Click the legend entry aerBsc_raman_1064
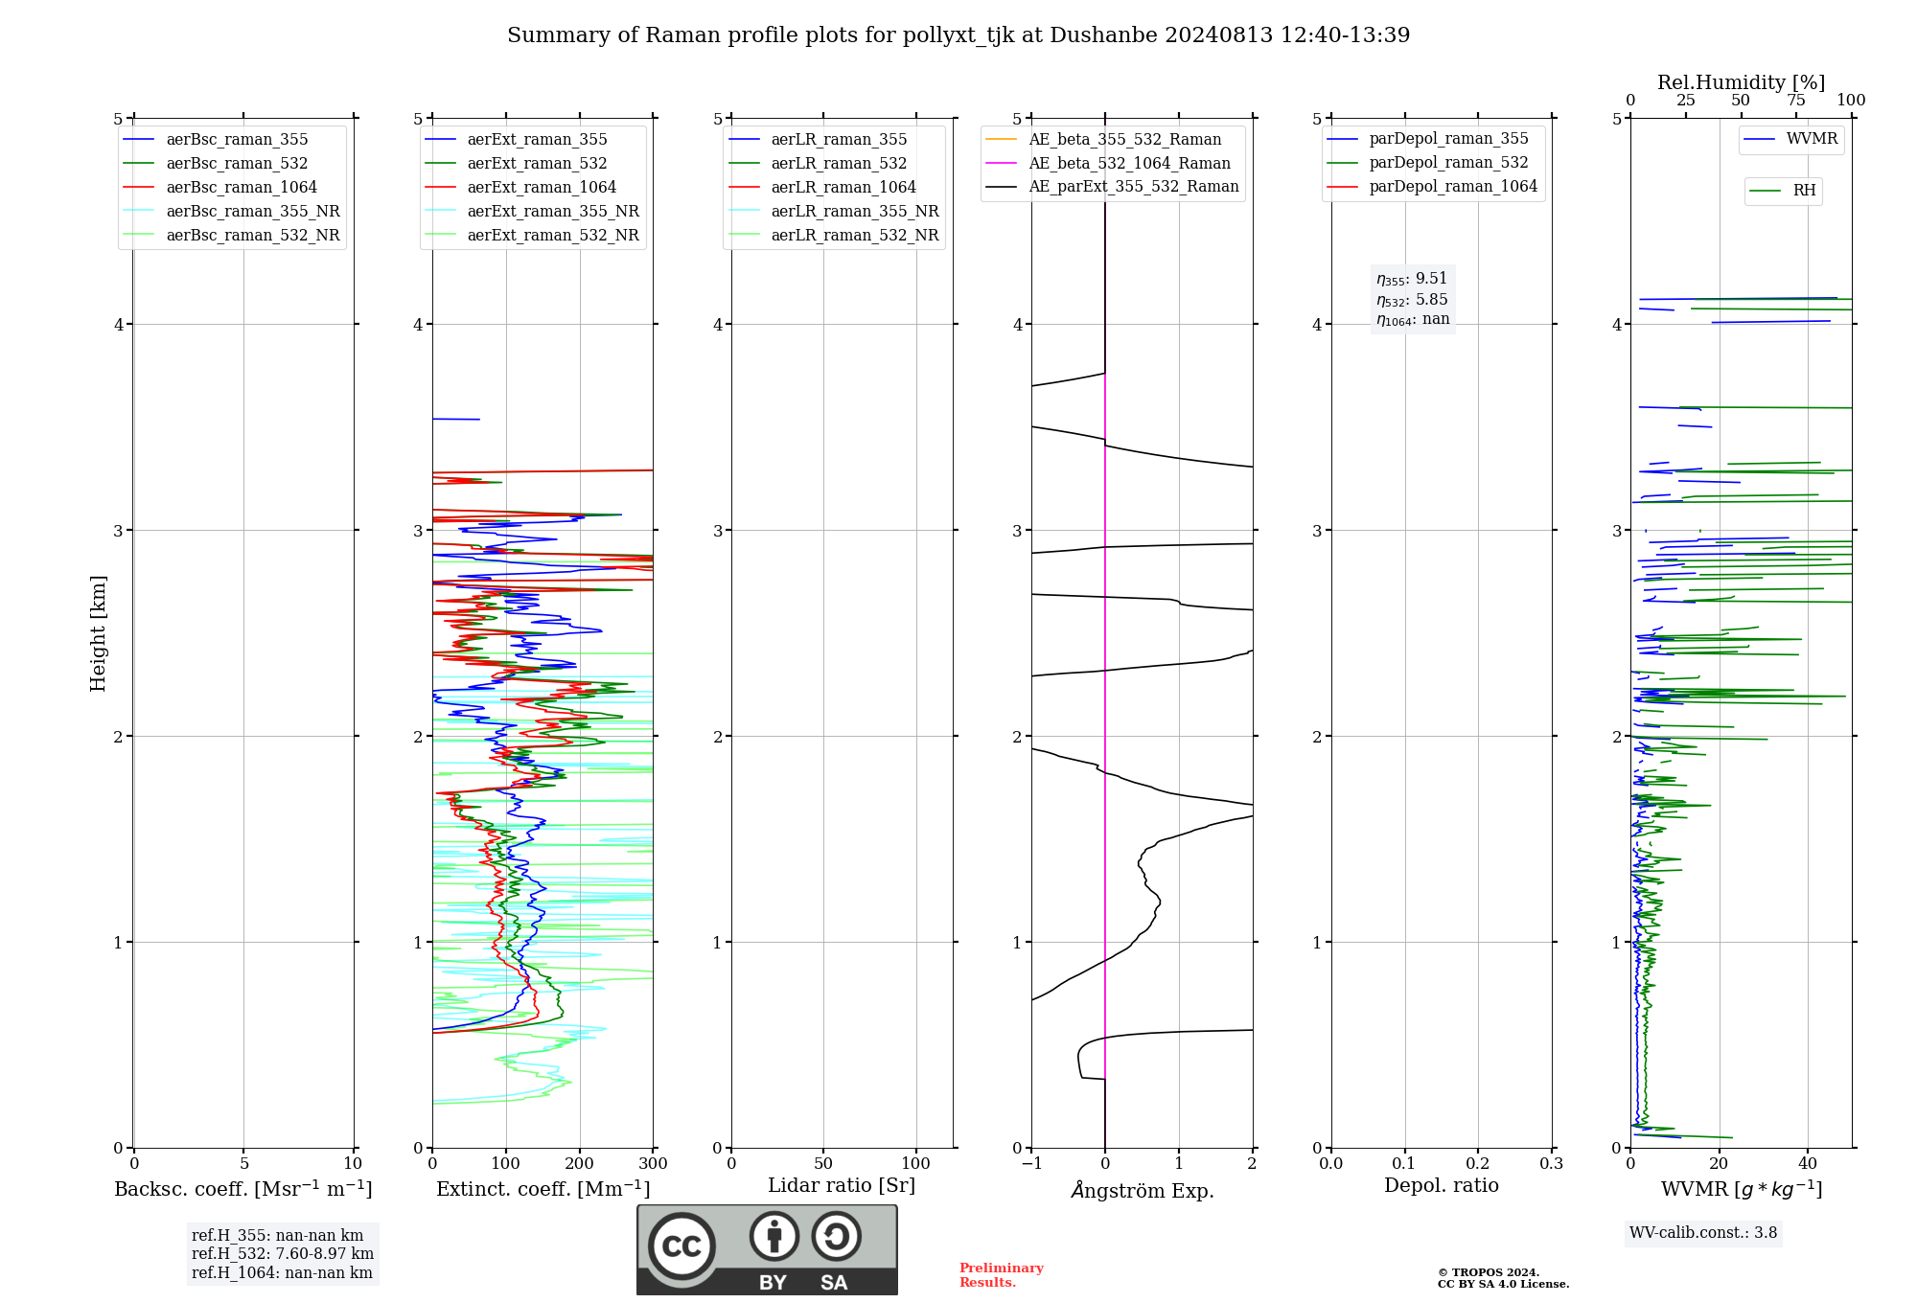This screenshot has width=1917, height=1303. click(241, 188)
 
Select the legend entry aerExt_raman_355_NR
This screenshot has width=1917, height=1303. click(552, 212)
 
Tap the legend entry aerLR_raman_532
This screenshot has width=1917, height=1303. click(838, 164)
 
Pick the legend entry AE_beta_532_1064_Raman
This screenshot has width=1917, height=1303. click(1129, 164)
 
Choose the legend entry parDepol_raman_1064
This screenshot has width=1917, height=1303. click(1452, 187)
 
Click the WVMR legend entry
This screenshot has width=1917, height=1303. click(1812, 140)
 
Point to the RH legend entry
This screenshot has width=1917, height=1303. click(1804, 191)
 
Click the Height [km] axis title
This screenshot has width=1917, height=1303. click(98, 633)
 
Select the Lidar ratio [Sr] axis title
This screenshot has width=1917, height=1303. click(842, 1186)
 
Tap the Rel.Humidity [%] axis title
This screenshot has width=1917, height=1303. click(1741, 82)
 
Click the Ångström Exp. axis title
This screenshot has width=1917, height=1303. click(1142, 1191)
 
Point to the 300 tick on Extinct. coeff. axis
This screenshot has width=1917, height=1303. click(654, 1164)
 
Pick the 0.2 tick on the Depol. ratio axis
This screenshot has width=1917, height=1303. click(1478, 1164)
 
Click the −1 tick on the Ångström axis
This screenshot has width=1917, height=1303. click(1031, 1164)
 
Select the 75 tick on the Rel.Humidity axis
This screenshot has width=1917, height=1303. click(1796, 101)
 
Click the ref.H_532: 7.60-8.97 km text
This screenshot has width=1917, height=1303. click(282, 1254)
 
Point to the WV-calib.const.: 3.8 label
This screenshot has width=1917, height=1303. click(1703, 1233)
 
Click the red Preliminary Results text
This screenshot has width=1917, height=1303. click(1001, 1275)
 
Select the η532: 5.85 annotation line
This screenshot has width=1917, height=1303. click(1412, 300)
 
